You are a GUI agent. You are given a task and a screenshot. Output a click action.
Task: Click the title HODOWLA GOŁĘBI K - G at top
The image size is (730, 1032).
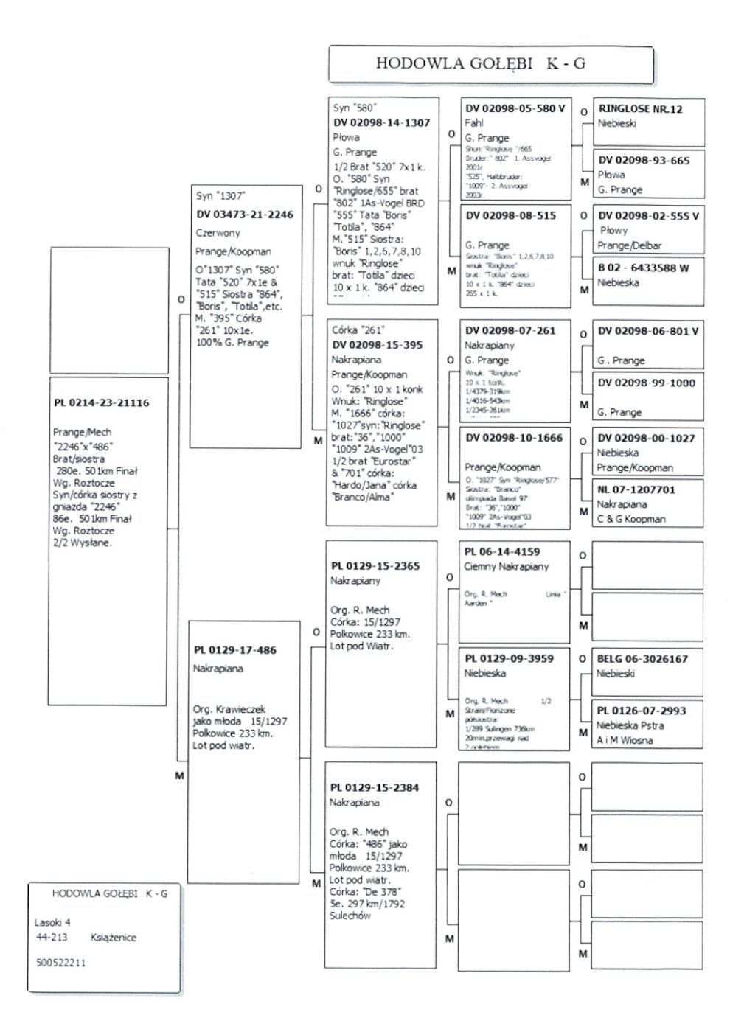(x=481, y=63)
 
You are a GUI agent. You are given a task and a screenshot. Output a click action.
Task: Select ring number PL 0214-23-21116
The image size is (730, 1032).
(x=101, y=403)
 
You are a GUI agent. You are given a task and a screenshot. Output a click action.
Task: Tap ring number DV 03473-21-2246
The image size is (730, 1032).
(x=244, y=215)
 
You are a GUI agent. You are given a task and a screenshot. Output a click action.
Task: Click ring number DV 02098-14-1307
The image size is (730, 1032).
(x=381, y=123)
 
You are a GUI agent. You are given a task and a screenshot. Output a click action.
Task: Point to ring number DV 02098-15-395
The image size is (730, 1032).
(x=378, y=345)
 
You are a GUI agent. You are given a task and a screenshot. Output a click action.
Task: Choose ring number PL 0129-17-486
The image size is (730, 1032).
(x=234, y=650)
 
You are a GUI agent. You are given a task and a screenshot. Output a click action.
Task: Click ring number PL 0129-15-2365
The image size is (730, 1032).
(x=375, y=566)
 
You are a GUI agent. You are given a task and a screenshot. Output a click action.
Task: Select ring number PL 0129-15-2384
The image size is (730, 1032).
(x=374, y=787)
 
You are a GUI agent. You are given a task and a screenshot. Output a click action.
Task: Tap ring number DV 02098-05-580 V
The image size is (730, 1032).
(x=515, y=108)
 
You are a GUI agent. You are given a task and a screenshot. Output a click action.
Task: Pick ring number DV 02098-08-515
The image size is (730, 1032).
(x=510, y=215)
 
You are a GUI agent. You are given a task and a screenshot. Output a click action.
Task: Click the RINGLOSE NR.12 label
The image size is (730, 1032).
(x=640, y=109)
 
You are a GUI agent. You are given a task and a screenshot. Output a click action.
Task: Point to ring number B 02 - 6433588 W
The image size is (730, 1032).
(x=643, y=268)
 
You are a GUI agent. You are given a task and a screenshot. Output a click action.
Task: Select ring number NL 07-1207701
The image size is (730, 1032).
(x=636, y=489)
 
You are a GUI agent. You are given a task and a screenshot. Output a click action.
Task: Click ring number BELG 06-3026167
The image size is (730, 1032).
(x=642, y=659)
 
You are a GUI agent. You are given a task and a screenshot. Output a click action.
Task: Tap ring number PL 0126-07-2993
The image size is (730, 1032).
(x=641, y=711)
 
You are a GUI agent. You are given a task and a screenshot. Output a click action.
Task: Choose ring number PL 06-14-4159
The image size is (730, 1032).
(x=501, y=551)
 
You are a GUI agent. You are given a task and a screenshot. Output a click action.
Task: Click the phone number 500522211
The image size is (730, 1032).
(x=60, y=963)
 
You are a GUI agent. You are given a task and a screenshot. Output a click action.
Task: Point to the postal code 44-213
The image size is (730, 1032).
(x=52, y=938)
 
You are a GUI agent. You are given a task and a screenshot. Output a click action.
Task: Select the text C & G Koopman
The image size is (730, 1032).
(x=630, y=519)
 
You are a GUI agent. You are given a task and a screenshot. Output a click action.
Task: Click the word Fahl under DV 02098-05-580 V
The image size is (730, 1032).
(x=473, y=123)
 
